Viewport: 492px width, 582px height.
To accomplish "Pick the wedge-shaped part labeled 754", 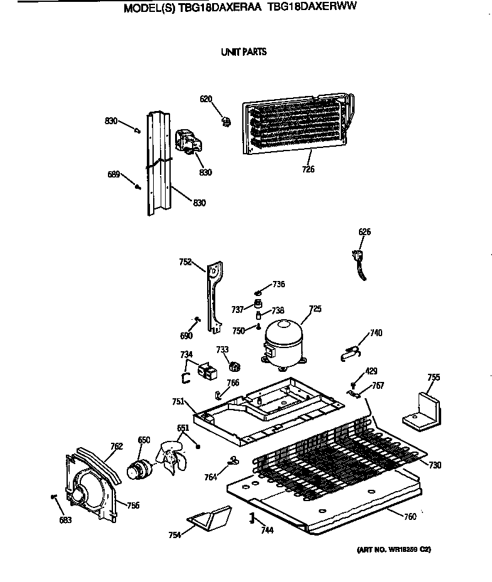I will [208, 519].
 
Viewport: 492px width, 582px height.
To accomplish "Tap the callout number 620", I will [206, 98].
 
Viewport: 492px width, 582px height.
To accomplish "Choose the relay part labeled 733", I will [235, 366].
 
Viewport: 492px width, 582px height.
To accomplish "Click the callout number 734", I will [186, 355].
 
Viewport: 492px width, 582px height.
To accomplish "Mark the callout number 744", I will [267, 531].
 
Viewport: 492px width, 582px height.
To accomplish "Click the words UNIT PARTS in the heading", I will [243, 52].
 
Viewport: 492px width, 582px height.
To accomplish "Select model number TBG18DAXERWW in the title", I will [324, 9].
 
